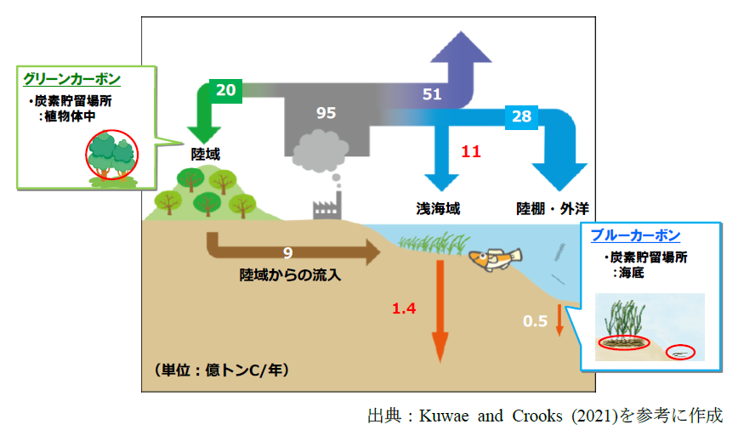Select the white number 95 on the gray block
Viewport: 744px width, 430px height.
pos(326,113)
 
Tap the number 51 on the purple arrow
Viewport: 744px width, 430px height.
pos(432,94)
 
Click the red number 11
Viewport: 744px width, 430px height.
pos(471,152)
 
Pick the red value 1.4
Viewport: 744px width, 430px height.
pos(404,309)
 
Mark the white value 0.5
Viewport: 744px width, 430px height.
pos(535,320)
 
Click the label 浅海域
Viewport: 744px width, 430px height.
pos(438,208)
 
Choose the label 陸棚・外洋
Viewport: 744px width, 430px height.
pos(553,208)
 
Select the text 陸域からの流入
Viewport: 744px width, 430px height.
pos(290,274)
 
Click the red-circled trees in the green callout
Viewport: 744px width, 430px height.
pos(112,156)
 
